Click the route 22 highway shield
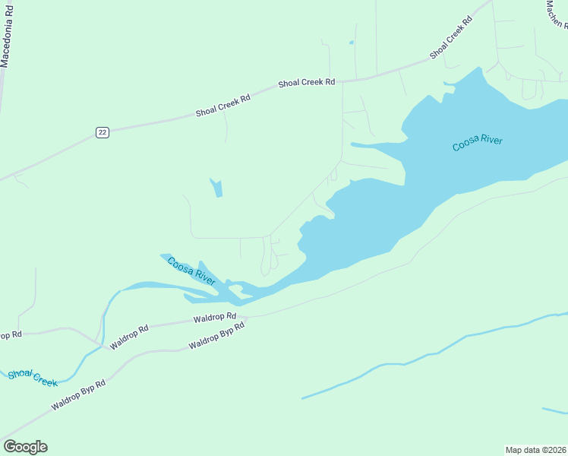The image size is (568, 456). click(x=103, y=132)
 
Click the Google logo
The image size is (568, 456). click(x=25, y=447)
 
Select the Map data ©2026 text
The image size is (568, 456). click(x=536, y=449)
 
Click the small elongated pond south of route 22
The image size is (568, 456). click(x=216, y=187)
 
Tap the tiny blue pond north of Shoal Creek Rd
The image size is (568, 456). click(x=351, y=43)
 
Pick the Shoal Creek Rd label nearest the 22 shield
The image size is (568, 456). click(x=222, y=106)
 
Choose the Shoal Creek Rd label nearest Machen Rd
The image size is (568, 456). click(x=451, y=38)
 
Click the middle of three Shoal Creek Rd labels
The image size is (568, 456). click(x=306, y=82)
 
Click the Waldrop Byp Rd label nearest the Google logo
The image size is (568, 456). click(x=78, y=395)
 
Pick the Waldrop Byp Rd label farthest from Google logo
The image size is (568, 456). click(x=216, y=334)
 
